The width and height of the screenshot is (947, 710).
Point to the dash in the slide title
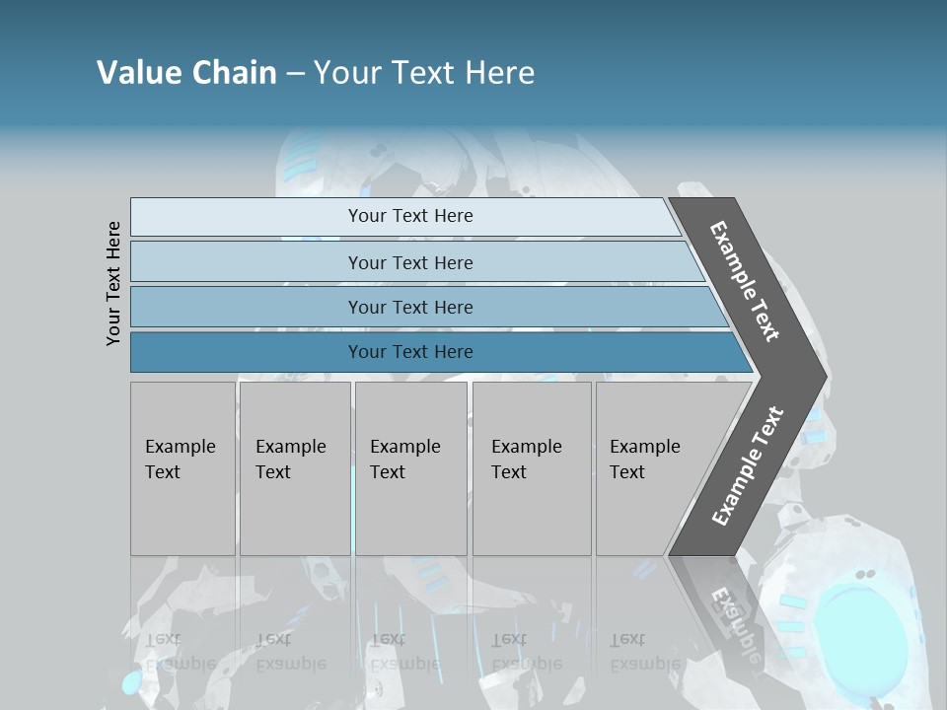coord(295,73)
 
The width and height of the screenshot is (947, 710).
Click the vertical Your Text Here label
coord(113,284)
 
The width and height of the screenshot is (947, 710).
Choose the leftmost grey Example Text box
coord(182,468)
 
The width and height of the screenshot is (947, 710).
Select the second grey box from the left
coord(295,468)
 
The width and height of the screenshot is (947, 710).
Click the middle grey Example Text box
coord(410,468)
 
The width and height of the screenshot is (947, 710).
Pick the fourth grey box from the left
coord(532,468)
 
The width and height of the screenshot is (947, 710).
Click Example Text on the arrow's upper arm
coord(745,281)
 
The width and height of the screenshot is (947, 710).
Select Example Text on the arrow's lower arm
coord(748,466)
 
